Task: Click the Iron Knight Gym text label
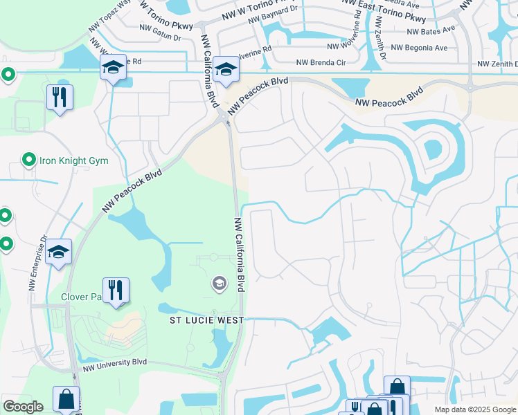point(73,160)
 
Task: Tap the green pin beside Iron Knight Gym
point(28,160)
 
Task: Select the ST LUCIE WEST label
point(207,320)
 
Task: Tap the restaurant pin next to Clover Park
point(116,291)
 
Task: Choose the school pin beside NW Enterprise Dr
point(59,253)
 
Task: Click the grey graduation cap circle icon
point(220,283)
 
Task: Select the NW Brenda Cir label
point(321,62)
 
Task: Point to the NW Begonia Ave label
point(419,48)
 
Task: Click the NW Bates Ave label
point(431,31)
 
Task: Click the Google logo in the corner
point(23,407)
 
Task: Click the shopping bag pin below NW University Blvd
point(66,400)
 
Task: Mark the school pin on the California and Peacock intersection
point(226,70)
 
